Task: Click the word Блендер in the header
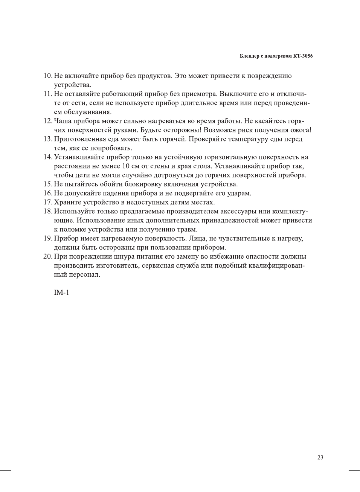249,56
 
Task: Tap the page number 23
320,457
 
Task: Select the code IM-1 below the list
61,292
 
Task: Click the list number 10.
47,76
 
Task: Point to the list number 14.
47,157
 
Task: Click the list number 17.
47,202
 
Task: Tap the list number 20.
47,256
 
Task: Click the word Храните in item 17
67,202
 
